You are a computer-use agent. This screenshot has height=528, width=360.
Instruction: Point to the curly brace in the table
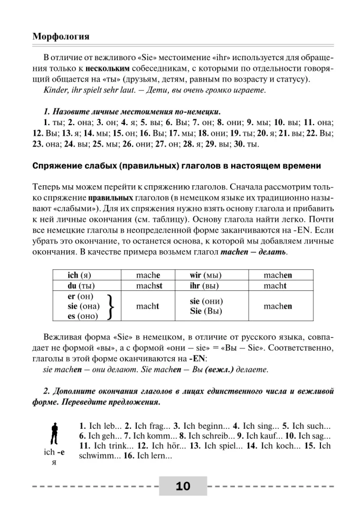(112, 306)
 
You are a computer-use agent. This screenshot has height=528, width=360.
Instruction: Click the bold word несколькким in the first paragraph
(108, 68)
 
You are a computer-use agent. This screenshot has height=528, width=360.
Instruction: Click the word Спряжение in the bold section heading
(56, 166)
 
